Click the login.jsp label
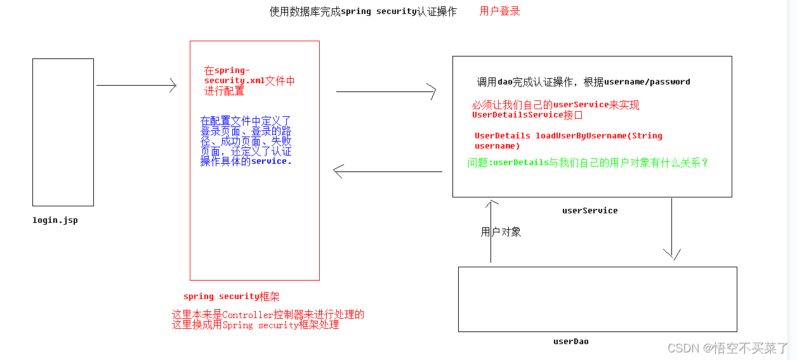55,220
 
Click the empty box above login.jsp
63,132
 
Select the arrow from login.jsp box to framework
136,85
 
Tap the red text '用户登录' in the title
499,11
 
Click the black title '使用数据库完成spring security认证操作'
363,11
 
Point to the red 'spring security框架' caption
231,297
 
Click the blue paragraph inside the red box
246,141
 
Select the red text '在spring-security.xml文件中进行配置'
249,81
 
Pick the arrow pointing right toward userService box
386,92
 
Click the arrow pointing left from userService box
387,171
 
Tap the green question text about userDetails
588,163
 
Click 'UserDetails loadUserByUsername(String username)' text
568,140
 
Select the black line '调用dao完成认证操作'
583,82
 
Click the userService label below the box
590,210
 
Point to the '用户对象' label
501,232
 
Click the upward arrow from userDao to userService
491,231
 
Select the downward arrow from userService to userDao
671,229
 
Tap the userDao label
570,341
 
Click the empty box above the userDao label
597,299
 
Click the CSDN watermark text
728,348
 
